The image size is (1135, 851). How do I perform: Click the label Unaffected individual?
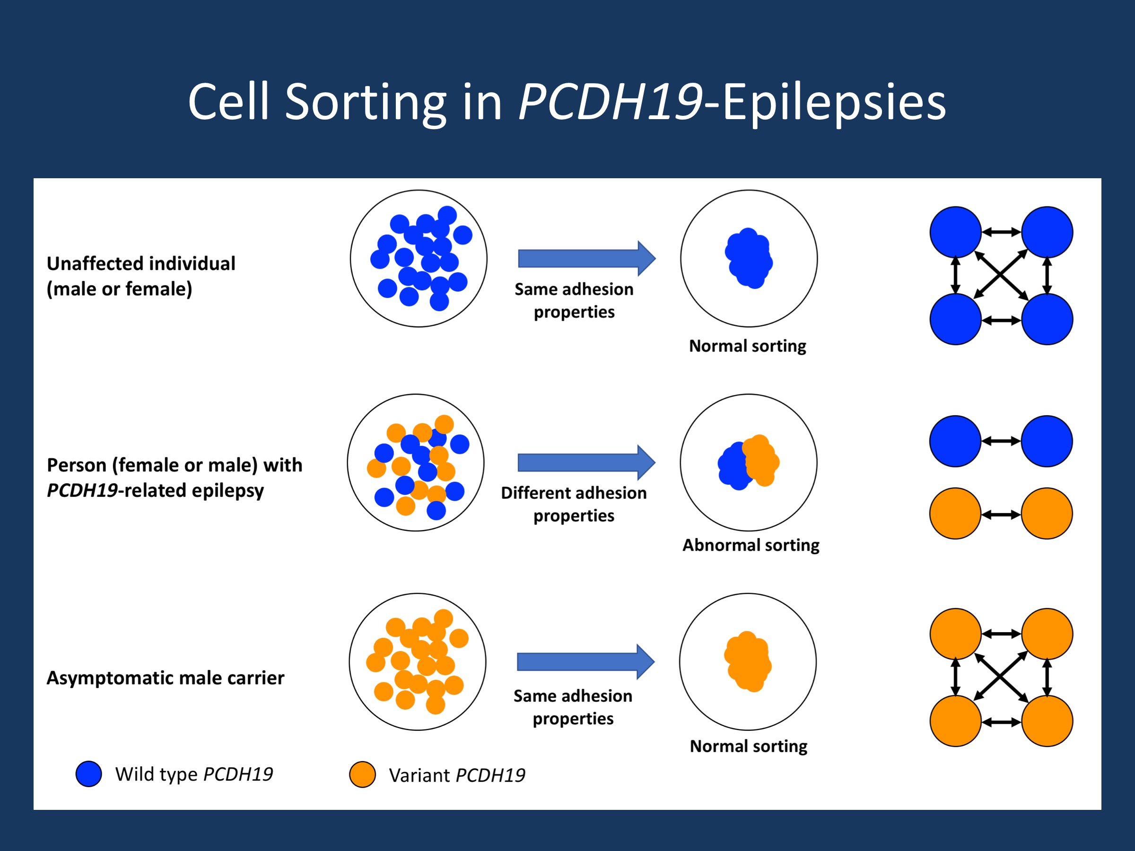(x=141, y=264)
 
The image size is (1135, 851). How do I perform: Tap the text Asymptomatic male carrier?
(x=165, y=677)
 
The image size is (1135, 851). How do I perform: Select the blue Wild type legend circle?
(x=88, y=773)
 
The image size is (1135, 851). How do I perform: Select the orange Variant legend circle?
(x=362, y=774)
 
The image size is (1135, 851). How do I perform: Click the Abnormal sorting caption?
(x=750, y=545)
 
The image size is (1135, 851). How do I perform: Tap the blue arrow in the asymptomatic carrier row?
(x=585, y=662)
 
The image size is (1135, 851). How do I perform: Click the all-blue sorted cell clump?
(x=749, y=258)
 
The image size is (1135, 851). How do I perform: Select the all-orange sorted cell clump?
(x=748, y=662)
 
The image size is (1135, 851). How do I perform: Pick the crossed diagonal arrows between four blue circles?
(x=1001, y=276)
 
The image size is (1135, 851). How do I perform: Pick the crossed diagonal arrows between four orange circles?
(x=1001, y=677)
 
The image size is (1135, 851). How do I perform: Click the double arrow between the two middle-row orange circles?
(x=1001, y=514)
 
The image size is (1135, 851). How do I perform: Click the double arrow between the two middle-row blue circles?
(x=1001, y=441)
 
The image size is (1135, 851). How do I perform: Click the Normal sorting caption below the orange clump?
(x=748, y=746)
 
